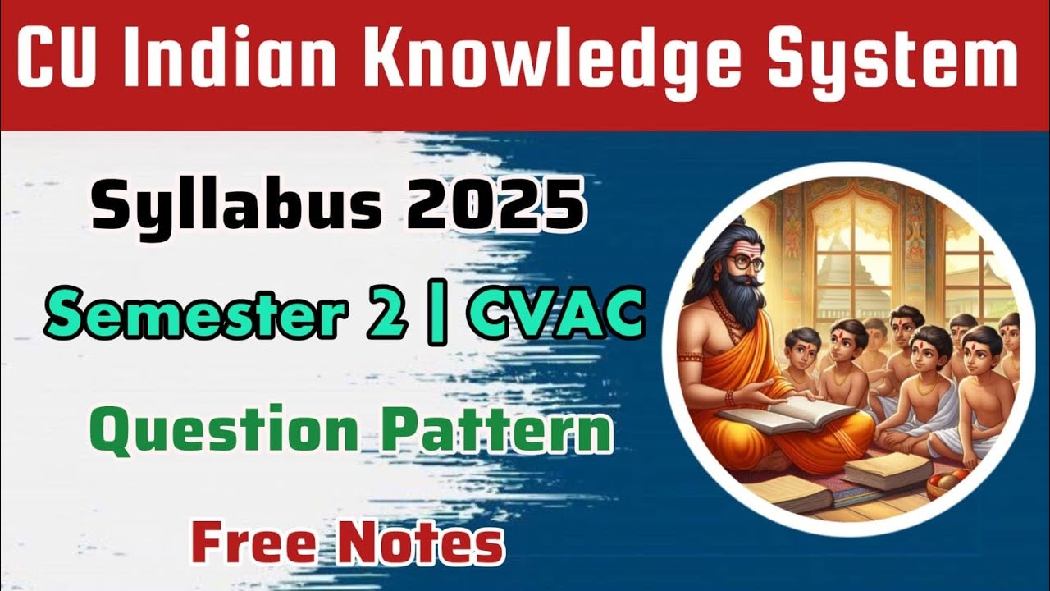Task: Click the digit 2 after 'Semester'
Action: point(386,316)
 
